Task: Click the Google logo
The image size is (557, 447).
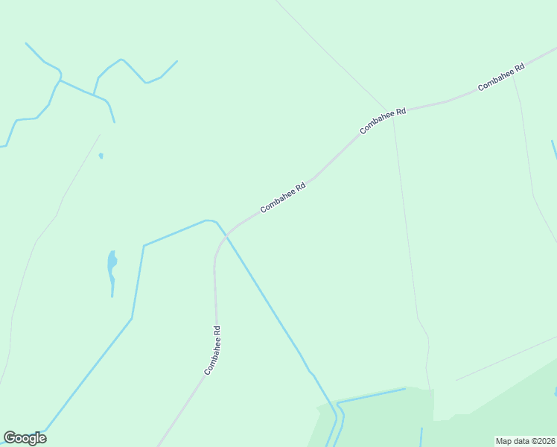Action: coord(25,438)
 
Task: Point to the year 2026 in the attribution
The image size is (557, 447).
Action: coord(545,441)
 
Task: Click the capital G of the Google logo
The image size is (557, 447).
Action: coord(10,438)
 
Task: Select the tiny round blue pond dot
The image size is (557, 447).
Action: coord(101,156)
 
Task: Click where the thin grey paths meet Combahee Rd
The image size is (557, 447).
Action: coord(392,112)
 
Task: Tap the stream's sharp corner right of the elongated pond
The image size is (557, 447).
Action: coord(144,245)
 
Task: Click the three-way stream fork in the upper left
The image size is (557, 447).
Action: coord(93,95)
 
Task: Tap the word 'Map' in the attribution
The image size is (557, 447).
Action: coord(504,441)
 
